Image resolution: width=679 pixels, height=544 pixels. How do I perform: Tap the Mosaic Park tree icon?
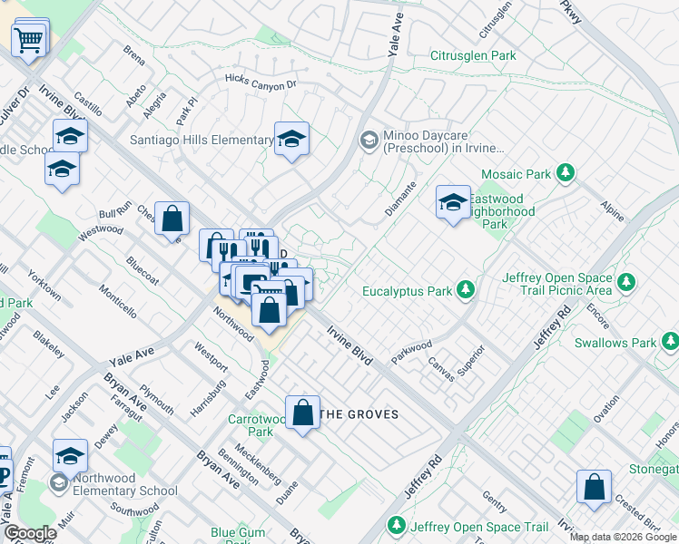(x=566, y=172)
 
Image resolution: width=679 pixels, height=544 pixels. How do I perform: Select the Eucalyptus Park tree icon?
(x=466, y=290)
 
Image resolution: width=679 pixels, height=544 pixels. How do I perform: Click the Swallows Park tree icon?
(x=670, y=342)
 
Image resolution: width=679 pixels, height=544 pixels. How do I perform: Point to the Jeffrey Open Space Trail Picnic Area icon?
(x=625, y=284)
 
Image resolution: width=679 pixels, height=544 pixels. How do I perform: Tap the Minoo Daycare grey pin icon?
(x=369, y=140)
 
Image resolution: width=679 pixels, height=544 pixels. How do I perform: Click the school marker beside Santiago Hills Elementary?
(x=291, y=140)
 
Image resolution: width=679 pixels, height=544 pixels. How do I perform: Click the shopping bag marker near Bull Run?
(x=172, y=219)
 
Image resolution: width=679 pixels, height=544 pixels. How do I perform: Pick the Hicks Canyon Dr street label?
(x=261, y=83)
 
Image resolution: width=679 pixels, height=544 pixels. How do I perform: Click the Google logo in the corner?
(x=29, y=533)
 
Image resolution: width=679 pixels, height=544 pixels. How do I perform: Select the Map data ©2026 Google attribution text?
(x=623, y=537)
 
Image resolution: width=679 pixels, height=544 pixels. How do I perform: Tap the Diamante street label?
(x=399, y=198)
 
